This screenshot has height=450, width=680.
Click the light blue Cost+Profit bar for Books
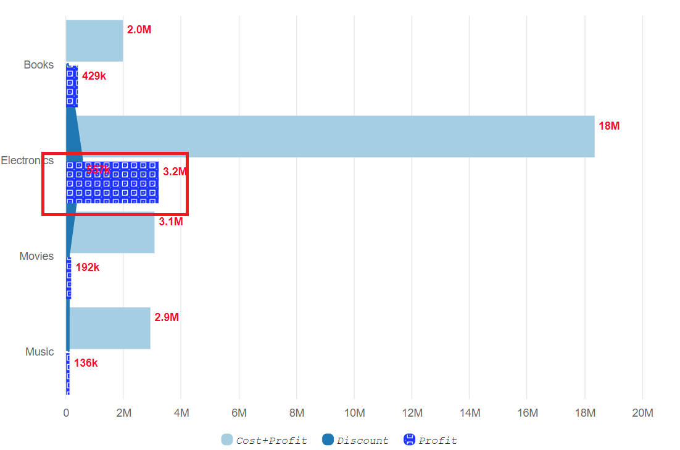(94, 41)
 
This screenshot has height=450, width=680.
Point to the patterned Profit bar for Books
(72, 86)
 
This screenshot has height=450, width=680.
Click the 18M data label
(609, 126)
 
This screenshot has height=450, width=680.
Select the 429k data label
(94, 76)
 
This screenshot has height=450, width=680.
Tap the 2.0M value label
(139, 30)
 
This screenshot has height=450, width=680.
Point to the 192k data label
(88, 267)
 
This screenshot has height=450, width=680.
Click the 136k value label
(86, 363)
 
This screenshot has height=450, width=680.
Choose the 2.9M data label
(167, 317)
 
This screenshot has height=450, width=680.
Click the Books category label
(39, 65)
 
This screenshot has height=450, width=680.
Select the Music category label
(39, 352)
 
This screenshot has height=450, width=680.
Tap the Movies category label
(36, 256)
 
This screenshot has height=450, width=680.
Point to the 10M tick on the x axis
(354, 413)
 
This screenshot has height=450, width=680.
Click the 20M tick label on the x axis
(642, 413)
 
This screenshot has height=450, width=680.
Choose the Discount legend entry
(355, 440)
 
